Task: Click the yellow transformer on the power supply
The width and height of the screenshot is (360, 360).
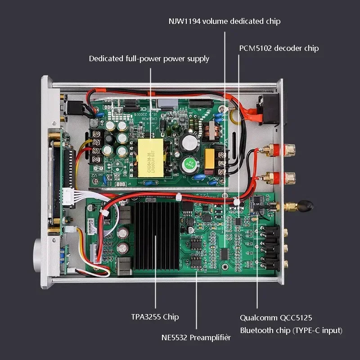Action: (151, 153)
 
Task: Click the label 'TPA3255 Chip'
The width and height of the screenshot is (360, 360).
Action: (155, 317)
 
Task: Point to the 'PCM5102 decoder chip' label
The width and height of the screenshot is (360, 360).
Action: (279, 48)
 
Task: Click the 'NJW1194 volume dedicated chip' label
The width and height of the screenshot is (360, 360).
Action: (225, 21)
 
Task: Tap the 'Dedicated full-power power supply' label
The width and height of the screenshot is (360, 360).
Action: (149, 58)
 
